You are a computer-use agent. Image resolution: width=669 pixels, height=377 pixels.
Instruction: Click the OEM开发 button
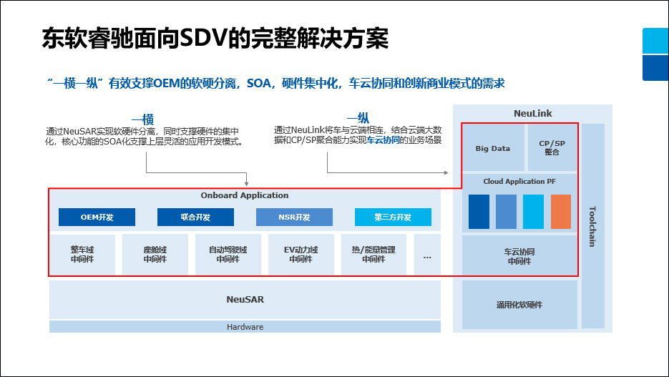pyautogui.click(x=97, y=217)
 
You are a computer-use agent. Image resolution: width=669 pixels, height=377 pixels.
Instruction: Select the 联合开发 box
pyautogui.click(x=195, y=217)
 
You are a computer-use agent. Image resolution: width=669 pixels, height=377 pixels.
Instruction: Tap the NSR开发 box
pyautogui.click(x=294, y=217)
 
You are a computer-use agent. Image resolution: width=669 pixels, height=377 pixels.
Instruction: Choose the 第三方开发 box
pyautogui.click(x=393, y=217)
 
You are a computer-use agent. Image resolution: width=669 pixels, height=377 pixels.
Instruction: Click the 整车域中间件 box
pyautogui.click(x=82, y=255)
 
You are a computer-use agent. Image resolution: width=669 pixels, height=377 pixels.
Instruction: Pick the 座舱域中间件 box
pyautogui.click(x=155, y=255)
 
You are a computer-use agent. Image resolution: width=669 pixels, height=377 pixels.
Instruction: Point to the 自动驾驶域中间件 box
pyautogui.click(x=228, y=255)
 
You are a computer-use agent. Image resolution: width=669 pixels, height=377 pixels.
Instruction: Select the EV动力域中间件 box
pyautogui.click(x=301, y=255)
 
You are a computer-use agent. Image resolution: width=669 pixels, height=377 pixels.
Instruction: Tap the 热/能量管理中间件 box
pyautogui.click(x=373, y=255)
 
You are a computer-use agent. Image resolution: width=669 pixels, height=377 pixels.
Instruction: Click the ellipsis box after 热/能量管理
pyautogui.click(x=427, y=255)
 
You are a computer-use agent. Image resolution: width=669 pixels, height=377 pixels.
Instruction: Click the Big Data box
pyautogui.click(x=493, y=148)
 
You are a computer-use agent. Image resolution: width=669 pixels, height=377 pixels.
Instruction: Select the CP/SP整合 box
pyautogui.click(x=552, y=147)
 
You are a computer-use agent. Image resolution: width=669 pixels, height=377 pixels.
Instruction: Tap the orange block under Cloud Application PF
pyautogui.click(x=561, y=211)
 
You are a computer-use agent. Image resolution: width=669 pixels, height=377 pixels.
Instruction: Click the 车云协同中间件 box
pyautogui.click(x=519, y=256)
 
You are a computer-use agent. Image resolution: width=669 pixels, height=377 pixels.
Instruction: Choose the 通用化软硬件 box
pyautogui.click(x=519, y=304)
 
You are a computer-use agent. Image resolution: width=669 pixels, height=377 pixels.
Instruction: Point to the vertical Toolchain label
pyautogui.click(x=592, y=226)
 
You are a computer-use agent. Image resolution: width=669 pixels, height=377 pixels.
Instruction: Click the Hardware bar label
pyautogui.click(x=245, y=327)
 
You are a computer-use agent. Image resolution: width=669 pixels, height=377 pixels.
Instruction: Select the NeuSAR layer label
pyautogui.click(x=245, y=300)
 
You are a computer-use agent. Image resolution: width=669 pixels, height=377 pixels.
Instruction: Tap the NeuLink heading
pyautogui.click(x=533, y=114)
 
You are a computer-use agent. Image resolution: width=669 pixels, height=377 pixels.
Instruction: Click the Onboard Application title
pyautogui.click(x=245, y=195)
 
